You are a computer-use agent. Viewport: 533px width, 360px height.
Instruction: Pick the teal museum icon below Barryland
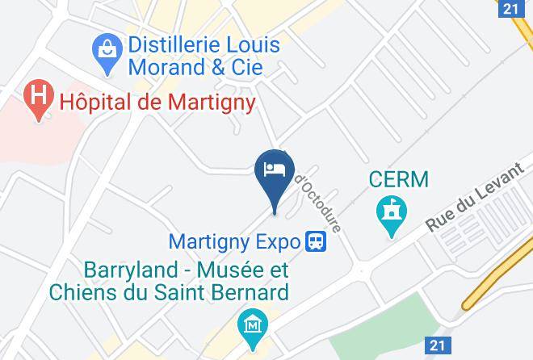(253, 324)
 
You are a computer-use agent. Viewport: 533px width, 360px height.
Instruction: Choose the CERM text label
(398, 178)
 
